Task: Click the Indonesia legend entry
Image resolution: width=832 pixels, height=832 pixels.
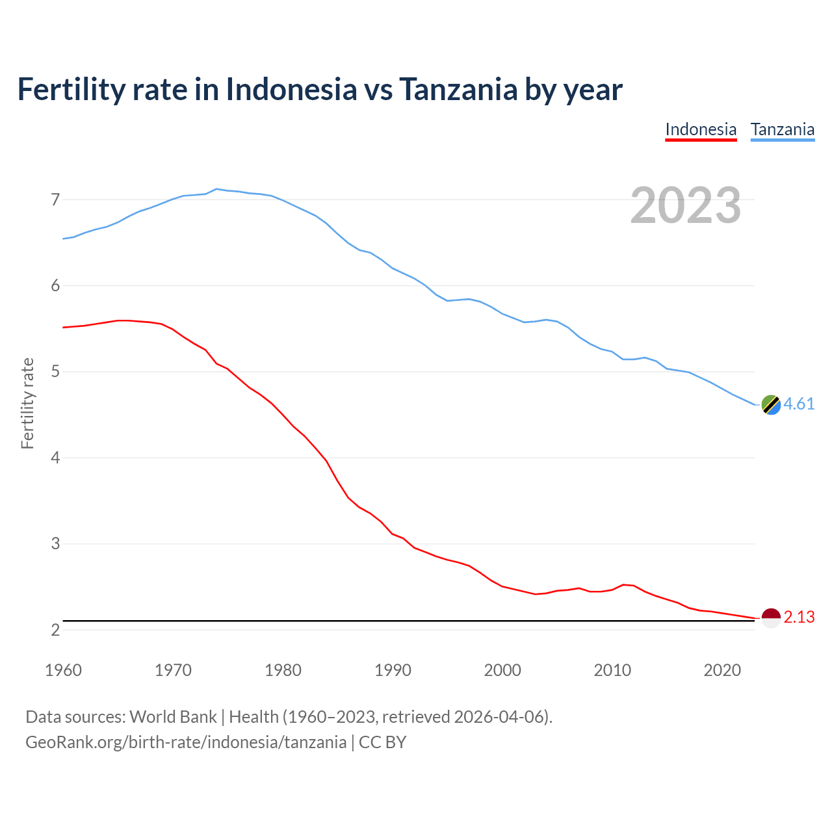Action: [x=701, y=129]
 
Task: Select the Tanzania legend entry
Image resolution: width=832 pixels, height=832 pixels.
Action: [x=783, y=129]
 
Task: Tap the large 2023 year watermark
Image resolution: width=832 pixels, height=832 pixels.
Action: [x=686, y=205]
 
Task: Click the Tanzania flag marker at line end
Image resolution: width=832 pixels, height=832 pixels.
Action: [x=771, y=404]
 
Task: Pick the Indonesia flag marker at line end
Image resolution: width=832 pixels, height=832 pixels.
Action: [x=771, y=618]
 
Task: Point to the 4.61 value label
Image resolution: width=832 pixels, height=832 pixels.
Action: [x=799, y=404]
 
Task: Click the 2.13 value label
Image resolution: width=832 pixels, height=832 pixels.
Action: [x=799, y=617]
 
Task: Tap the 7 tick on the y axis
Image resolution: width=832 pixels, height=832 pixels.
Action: [x=55, y=200]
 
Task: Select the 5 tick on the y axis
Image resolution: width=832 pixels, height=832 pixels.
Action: [x=55, y=372]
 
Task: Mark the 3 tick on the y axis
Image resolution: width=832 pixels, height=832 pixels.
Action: [x=55, y=543]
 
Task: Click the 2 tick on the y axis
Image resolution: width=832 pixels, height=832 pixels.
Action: [x=55, y=630]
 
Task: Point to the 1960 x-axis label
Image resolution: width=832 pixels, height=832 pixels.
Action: [x=63, y=670]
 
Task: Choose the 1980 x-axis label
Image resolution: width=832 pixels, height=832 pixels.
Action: [x=283, y=670]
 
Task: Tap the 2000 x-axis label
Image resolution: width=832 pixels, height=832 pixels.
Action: [x=502, y=670]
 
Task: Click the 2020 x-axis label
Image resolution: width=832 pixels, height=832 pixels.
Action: [x=722, y=670]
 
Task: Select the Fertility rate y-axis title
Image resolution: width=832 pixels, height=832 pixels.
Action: [x=27, y=403]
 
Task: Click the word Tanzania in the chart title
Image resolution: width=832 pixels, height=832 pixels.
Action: [x=458, y=89]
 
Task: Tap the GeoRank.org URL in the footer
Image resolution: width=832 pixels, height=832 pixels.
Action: [x=186, y=742]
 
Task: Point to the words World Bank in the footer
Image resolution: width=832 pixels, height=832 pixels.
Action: [x=173, y=716]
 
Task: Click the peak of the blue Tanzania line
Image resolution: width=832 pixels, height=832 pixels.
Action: [x=216, y=188]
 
